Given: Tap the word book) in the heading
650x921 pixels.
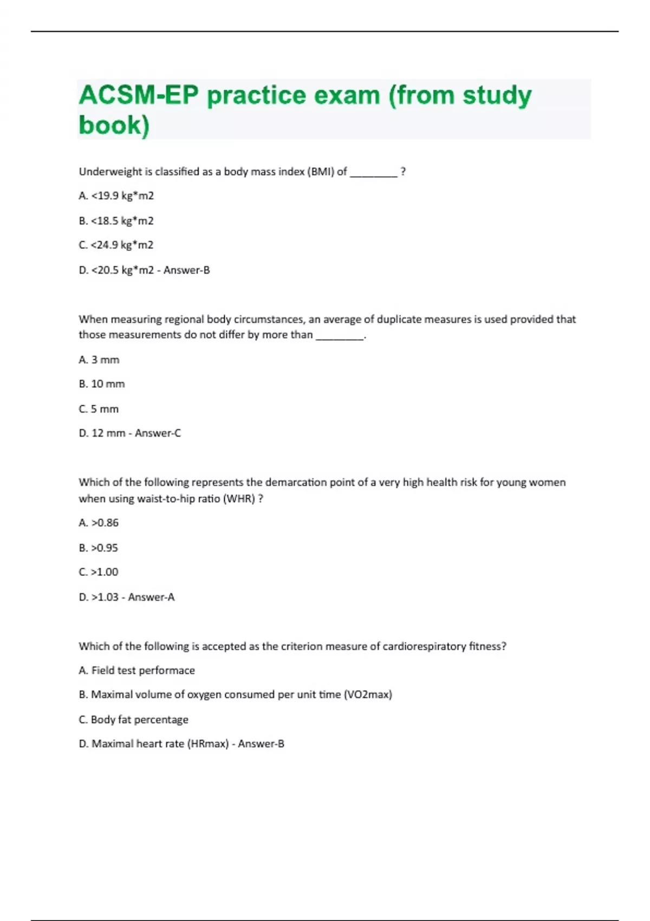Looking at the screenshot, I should (x=114, y=125).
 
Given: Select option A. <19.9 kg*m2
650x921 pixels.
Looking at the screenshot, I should (x=116, y=196).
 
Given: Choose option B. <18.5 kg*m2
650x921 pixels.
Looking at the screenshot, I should (x=116, y=221).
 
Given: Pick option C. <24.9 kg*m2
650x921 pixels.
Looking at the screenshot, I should (x=116, y=245).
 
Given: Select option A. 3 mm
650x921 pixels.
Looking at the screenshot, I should (x=99, y=360).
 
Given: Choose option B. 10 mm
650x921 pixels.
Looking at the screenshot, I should (x=101, y=384).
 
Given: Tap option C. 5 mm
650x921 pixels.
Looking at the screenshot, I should (x=99, y=409).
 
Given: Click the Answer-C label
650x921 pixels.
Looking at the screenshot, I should (x=158, y=433).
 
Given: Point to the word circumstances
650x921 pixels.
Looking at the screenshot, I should (x=272, y=320).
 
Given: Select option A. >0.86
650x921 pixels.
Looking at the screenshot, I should (x=99, y=523).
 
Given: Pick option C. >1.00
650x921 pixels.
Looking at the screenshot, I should (x=99, y=572).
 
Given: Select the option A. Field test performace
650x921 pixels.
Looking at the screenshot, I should (x=136, y=671).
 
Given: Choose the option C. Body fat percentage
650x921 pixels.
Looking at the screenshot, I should (x=133, y=719).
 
